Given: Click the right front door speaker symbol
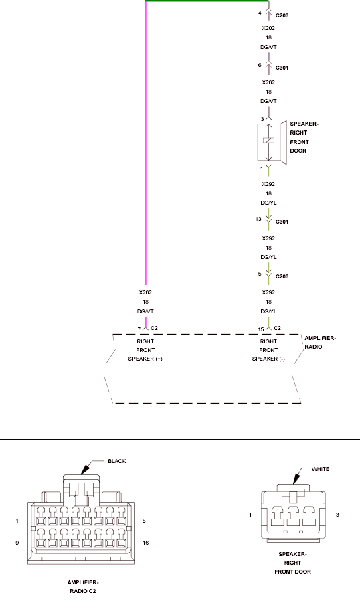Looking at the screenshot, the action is (272, 142).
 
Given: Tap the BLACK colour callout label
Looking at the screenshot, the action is (117, 461).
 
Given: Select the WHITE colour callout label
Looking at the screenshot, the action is (320, 469).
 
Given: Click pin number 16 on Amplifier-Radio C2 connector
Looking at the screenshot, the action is (146, 543).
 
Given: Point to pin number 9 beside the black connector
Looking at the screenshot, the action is (17, 543).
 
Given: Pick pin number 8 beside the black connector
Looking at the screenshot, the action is (144, 521).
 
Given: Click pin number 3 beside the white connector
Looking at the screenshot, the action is (337, 515).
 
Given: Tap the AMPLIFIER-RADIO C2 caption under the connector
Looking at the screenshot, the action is (83, 586).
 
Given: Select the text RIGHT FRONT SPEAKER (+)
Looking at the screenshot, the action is (145, 350).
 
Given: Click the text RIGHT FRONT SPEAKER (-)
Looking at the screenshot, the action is (268, 350).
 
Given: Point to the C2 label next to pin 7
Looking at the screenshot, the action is (154, 328).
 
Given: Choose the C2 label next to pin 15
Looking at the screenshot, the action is (277, 328).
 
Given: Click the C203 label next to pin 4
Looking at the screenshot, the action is (282, 15).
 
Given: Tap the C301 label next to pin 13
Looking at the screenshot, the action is (282, 222).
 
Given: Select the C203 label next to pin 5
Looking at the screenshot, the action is (282, 276).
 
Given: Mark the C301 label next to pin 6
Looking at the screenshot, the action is (282, 68).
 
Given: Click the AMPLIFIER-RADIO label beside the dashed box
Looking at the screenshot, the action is (321, 342).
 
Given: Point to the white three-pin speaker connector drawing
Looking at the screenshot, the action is (293, 513).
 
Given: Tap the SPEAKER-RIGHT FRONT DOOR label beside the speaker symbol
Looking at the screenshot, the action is (304, 137).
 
